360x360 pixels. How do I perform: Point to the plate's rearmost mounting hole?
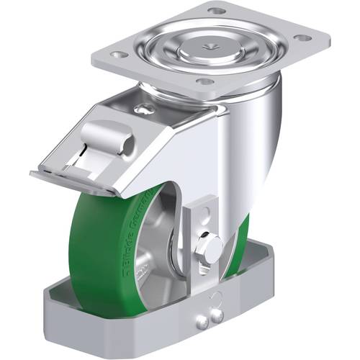click(x=215, y=11)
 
